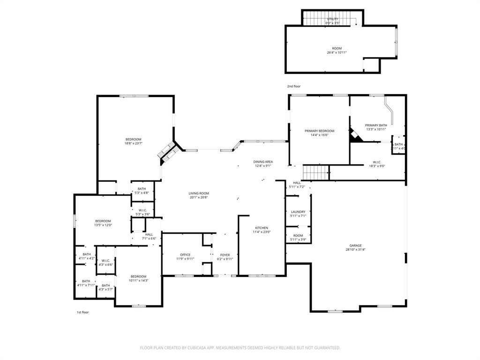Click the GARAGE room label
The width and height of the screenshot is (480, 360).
tap(355, 245)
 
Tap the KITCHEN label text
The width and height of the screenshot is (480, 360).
tap(262, 228)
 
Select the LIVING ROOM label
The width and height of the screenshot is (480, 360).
tap(199, 193)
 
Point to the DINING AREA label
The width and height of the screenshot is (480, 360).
tap(263, 162)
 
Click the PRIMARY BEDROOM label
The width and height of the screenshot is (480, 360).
tap(319, 131)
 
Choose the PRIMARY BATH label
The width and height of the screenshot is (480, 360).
tap(376, 125)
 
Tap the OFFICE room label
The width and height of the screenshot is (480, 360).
tap(185, 255)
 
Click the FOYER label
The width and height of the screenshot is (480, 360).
tap(225, 255)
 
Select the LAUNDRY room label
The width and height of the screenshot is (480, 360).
tap(298, 212)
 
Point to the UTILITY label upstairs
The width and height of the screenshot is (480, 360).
tap(332, 19)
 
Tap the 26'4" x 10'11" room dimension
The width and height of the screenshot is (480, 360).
tap(337, 52)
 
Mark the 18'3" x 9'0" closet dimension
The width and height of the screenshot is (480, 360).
tap(377, 166)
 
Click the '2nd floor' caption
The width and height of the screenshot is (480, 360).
tap(294, 86)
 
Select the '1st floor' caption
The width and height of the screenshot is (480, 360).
tap(83, 312)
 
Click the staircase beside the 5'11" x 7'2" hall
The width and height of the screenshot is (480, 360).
tap(315, 172)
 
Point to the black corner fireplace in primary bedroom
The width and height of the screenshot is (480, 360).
tap(354, 136)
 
